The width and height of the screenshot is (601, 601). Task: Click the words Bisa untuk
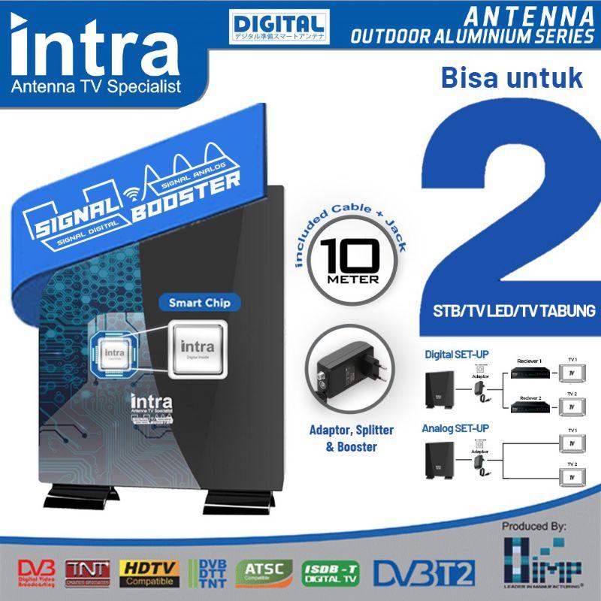click(x=504, y=77)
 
